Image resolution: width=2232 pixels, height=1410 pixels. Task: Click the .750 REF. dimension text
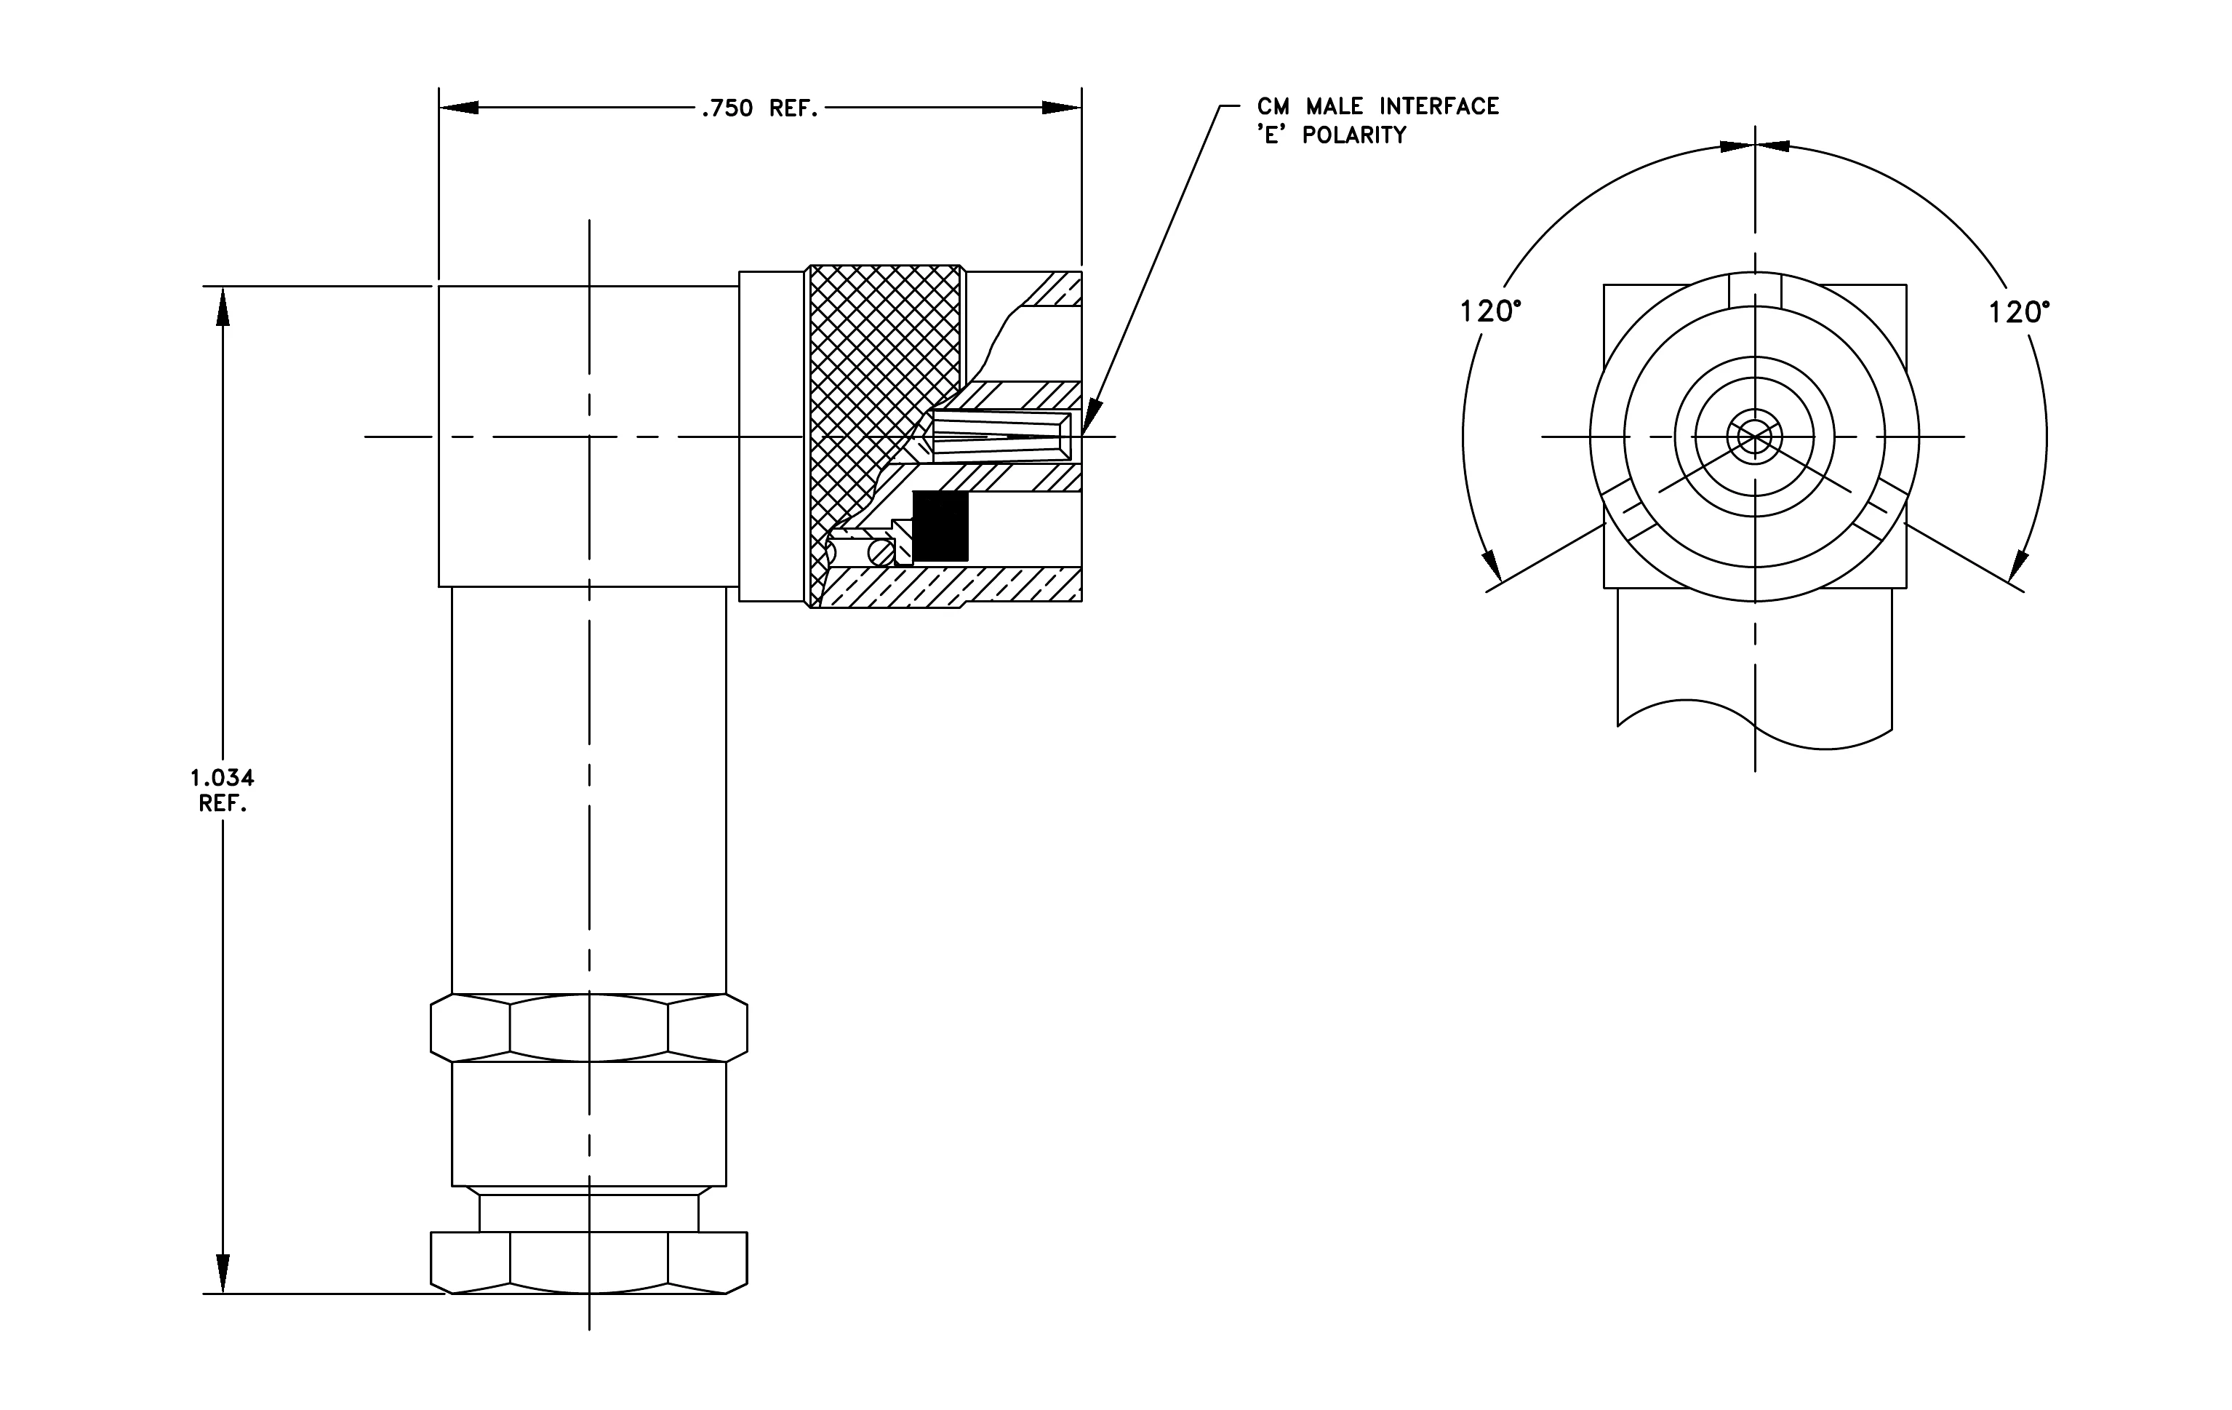click(760, 109)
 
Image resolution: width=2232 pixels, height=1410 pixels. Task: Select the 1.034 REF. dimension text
click(223, 791)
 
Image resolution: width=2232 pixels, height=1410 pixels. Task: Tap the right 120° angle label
click(2020, 312)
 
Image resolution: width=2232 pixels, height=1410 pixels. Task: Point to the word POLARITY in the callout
click(1354, 135)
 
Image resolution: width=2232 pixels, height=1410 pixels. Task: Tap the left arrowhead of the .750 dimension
click(459, 108)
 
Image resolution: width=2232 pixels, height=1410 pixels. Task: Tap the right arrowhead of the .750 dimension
click(1061, 108)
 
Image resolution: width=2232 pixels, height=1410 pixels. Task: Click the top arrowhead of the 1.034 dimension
click(223, 306)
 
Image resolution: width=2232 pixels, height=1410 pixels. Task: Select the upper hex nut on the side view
click(590, 1028)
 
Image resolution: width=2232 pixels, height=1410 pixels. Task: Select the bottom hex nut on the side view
click(590, 1262)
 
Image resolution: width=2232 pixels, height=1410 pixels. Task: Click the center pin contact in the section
click(1001, 437)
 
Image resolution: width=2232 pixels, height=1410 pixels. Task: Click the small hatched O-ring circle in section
click(881, 552)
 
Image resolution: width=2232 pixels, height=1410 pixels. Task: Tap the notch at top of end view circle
click(1755, 288)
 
